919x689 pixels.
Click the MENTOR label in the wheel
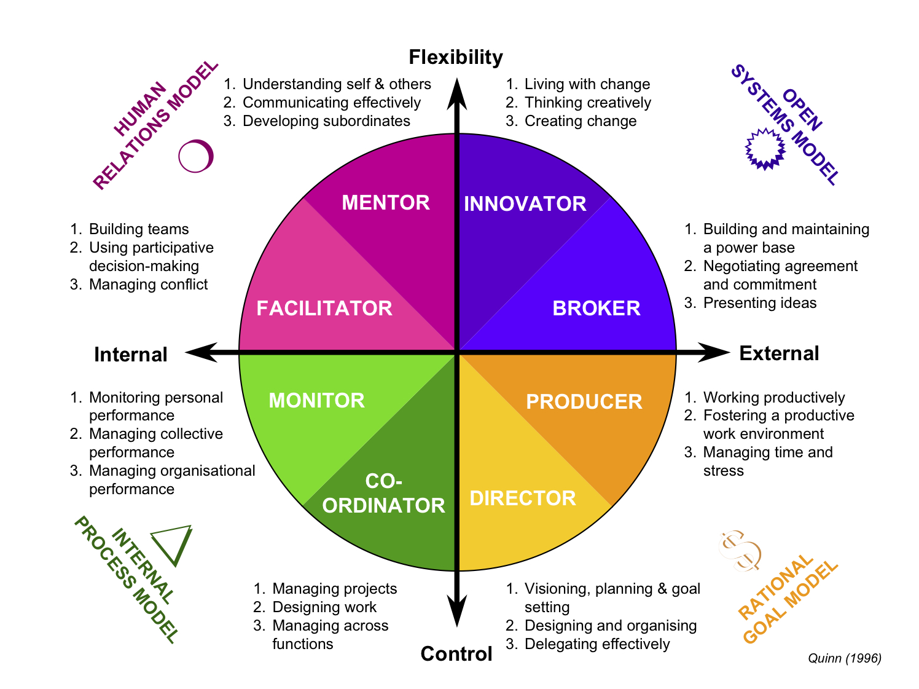pos(385,203)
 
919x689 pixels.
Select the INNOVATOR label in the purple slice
pos(525,204)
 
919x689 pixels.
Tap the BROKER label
pos(596,309)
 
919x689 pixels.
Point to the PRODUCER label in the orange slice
pos(584,402)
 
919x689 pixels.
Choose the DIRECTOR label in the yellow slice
pos(523,498)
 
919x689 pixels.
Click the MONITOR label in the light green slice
pos(316,401)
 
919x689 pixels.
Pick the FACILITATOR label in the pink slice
pos(324,309)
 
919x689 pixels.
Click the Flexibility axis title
pos(456,57)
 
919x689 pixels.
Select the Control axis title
pos(456,654)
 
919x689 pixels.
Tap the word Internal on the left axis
pos(131,355)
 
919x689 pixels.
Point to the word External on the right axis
pos(779,353)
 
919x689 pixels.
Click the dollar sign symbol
pos(740,551)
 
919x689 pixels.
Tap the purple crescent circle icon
pos(196,156)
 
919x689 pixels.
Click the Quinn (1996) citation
pos(844,658)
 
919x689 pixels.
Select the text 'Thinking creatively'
pos(587,103)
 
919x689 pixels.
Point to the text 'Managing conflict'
pos(148,285)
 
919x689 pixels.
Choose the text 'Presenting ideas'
pos(759,303)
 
